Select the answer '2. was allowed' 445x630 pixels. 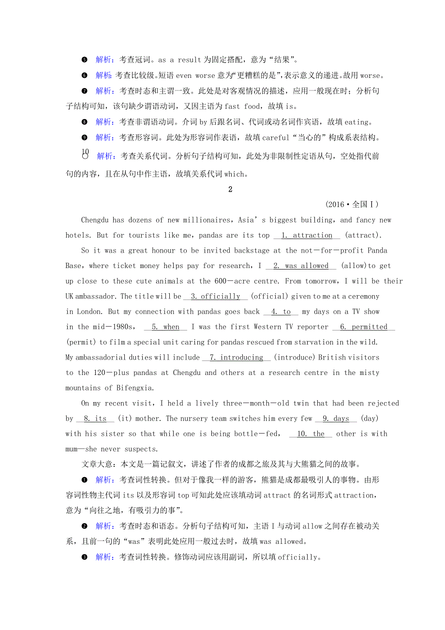coord(301,266)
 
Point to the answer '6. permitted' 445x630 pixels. coord(364,327)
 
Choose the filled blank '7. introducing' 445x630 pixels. coord(236,358)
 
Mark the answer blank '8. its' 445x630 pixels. coord(95,419)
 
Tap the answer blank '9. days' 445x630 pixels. coord(336,419)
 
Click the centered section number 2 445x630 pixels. coord(230,190)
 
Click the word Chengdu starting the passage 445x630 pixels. coord(95,220)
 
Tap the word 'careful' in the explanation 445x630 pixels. coord(276,137)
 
